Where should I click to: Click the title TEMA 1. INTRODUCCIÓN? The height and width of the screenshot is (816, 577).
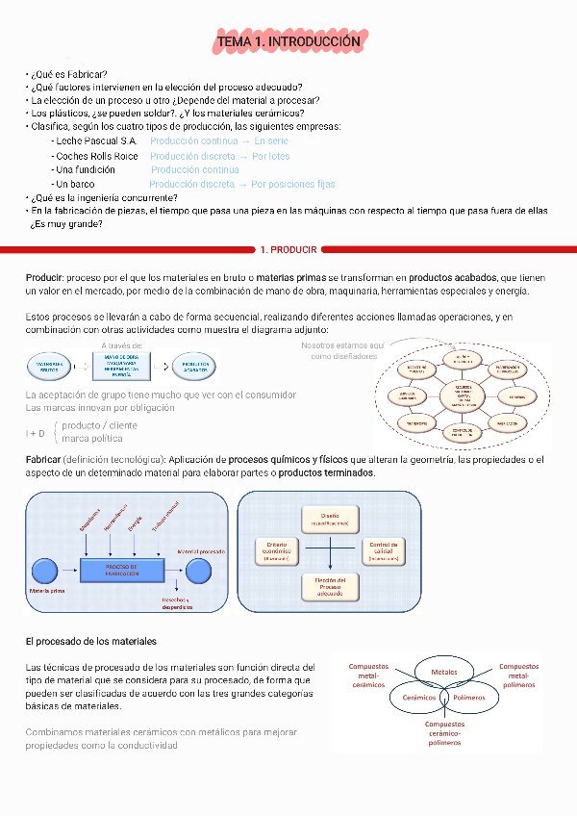[288, 42]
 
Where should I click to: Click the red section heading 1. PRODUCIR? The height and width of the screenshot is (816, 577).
[288, 250]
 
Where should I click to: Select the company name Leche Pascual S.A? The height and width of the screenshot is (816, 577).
[96, 140]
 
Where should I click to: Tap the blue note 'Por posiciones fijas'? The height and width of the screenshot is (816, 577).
[293, 184]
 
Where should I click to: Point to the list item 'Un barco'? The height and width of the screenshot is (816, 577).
[75, 184]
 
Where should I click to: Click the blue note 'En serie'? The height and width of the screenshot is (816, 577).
[272, 140]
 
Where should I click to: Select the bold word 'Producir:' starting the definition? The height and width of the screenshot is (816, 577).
[44, 277]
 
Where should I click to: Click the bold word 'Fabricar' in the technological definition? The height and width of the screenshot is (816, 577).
[44, 460]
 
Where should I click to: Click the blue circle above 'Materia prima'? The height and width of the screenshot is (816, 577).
[43, 570]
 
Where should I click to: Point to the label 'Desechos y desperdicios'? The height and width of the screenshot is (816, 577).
[176, 603]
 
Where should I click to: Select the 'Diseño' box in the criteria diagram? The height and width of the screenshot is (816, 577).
[330, 519]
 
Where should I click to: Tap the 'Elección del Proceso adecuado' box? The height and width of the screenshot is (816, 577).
[330, 586]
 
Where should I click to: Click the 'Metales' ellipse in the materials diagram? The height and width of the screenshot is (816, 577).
[444, 672]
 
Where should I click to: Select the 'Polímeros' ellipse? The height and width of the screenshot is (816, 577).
[469, 697]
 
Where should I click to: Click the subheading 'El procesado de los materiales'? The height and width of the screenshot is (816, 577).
[90, 641]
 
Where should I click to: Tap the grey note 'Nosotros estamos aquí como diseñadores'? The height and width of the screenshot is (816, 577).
[342, 350]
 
